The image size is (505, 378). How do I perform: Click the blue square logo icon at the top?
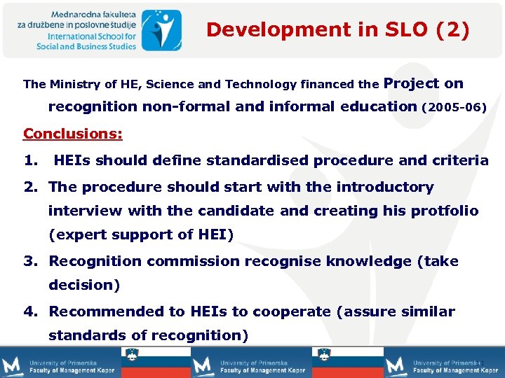point(161,29)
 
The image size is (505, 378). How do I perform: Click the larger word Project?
point(412,83)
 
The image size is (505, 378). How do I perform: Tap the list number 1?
point(30,160)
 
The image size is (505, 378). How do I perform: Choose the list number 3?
point(30,261)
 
